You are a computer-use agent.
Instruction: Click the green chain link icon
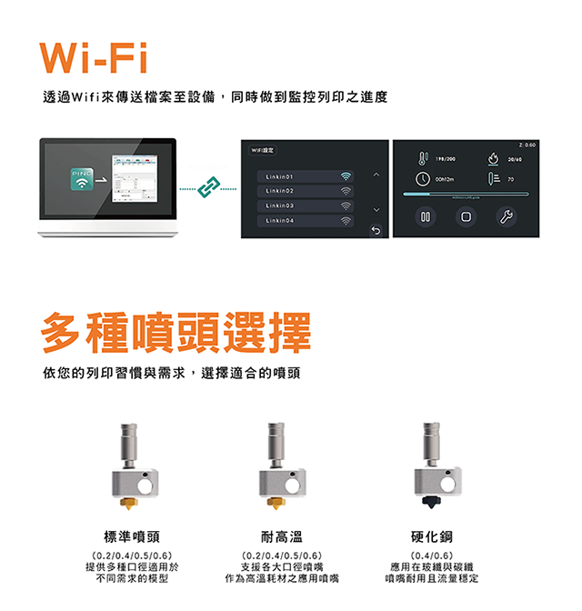208,189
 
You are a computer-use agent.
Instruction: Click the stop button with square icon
466,217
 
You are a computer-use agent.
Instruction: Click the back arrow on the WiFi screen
374,231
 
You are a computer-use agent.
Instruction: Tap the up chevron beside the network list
374,175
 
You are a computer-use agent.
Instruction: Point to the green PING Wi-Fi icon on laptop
80,179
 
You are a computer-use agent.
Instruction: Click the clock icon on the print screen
423,179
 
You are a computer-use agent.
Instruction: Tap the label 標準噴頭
135,536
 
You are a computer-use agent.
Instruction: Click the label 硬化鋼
431,536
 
